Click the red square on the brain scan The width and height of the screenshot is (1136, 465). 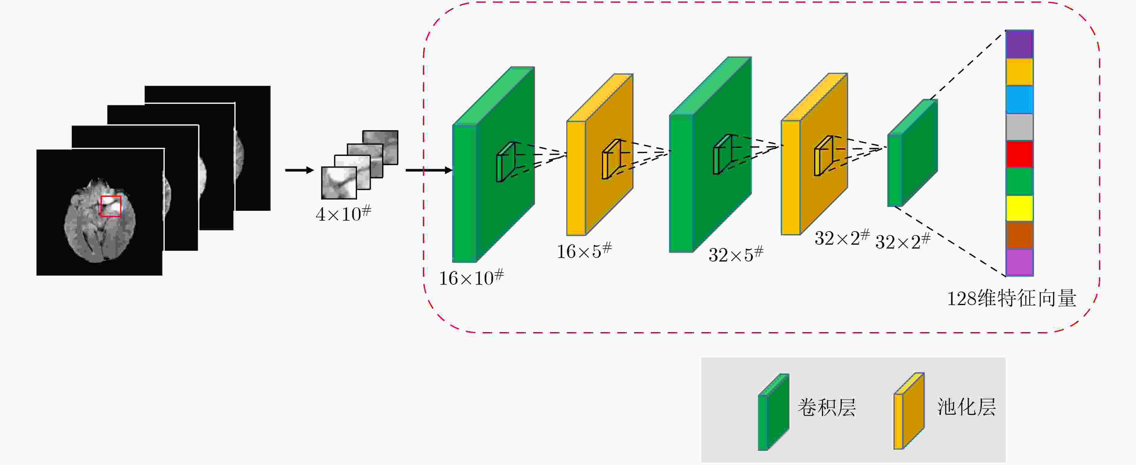(111, 206)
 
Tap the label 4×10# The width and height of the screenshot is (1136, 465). (344, 213)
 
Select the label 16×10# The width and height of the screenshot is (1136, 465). (471, 277)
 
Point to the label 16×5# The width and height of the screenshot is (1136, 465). (584, 251)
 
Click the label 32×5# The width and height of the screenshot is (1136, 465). (736, 254)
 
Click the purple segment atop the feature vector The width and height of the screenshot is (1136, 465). (1019, 44)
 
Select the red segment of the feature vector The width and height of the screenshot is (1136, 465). (1019, 154)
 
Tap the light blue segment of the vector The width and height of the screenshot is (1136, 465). (1019, 99)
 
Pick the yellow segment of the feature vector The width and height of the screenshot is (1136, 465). (1019, 208)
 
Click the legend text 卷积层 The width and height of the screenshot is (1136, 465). (827, 407)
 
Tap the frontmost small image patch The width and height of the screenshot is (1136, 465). (339, 183)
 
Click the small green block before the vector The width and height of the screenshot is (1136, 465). (912, 153)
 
